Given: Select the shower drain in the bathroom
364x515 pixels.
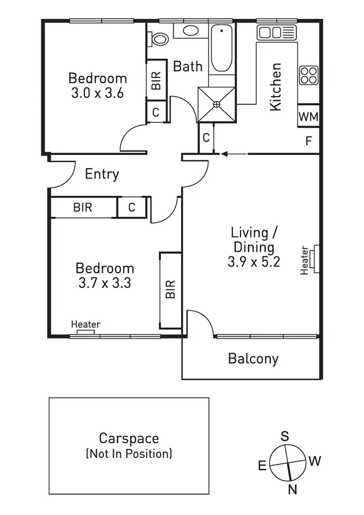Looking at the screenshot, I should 216,103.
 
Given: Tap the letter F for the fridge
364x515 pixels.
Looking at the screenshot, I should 309,142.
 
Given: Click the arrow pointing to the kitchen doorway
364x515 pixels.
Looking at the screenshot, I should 234,154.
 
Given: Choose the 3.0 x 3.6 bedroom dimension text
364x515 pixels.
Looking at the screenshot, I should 97,94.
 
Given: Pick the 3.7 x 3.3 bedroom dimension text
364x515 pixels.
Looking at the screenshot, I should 105,282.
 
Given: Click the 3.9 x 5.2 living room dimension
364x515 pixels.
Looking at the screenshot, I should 253,263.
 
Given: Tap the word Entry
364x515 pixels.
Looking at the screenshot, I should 101,174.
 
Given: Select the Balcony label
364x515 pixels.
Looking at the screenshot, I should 253,358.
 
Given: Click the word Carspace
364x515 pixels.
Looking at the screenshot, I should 129,438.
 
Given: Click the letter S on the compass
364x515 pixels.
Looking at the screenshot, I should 284,435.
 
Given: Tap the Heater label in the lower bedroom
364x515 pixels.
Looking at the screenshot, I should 86,324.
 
